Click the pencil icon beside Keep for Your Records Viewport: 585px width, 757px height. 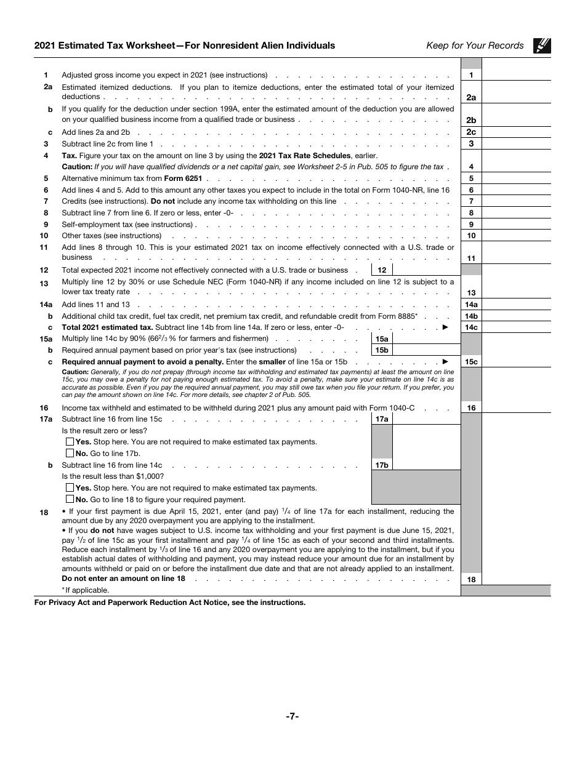point(543,46)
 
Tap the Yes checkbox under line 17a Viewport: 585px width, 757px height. point(70,442)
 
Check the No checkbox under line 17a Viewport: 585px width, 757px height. point(70,454)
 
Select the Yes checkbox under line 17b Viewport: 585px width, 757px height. point(70,488)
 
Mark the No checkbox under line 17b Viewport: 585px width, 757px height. point(70,500)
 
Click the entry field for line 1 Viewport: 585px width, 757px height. point(516,75)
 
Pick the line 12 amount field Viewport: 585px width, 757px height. point(426,270)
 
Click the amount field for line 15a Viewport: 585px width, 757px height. point(426,338)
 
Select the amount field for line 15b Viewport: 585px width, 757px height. point(426,350)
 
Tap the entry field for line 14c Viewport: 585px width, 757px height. point(516,327)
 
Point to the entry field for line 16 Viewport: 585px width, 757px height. point(516,407)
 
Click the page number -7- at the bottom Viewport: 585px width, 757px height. point(292,716)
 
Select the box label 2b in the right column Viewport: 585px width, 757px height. point(471,121)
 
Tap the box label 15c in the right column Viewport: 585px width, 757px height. point(471,362)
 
